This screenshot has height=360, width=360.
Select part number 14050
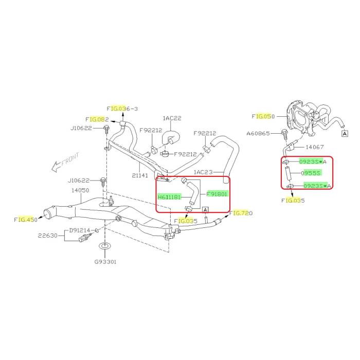tap(80, 190)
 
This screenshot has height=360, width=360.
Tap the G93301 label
tap(105, 262)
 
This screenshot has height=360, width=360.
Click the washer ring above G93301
tap(105, 246)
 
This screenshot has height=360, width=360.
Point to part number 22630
tap(48, 236)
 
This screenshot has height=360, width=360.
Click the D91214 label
tap(80, 230)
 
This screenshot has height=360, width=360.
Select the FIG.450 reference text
tap(26, 220)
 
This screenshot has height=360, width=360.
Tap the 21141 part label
tap(140, 175)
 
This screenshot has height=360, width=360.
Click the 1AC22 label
tap(172, 118)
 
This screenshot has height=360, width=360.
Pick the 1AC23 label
tap(204, 172)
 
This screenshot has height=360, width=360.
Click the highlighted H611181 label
tap(169, 197)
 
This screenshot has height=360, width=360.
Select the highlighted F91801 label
tap(217, 194)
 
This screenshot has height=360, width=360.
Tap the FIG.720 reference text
tap(241, 213)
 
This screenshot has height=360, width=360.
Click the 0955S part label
tap(311, 173)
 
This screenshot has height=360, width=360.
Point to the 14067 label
tap(315, 147)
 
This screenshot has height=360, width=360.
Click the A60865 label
tap(258, 133)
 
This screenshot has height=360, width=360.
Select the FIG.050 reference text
tap(263, 116)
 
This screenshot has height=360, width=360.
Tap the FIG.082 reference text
tap(97, 119)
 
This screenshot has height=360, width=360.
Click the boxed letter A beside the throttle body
tap(345, 133)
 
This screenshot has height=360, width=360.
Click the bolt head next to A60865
tap(283, 133)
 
